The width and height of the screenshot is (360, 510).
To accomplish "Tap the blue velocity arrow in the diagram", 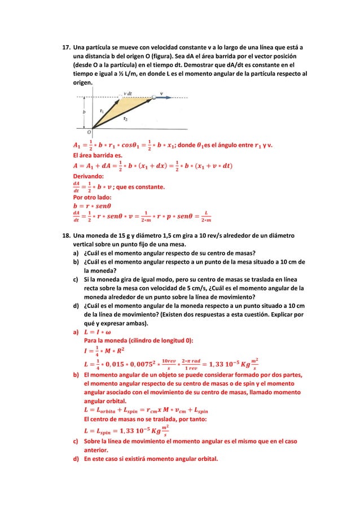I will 164,98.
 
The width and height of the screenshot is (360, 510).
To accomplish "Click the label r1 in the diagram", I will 102,111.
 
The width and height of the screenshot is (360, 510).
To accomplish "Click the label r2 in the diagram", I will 125,119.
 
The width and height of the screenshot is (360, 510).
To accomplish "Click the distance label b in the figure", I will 85,112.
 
